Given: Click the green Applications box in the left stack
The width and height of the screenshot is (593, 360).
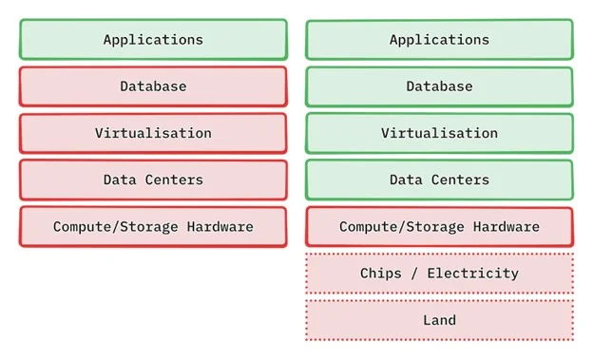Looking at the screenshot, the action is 153,39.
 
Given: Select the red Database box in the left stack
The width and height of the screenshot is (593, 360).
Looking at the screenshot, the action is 153,86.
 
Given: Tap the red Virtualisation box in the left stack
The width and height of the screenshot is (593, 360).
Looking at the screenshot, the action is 153,133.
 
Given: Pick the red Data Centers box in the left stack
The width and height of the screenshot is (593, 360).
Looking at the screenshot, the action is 153,180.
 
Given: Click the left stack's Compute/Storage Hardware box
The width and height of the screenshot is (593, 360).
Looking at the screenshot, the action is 153,226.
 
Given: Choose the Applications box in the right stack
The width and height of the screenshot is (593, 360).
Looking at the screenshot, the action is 439,39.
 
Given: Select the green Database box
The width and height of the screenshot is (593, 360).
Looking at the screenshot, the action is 439,86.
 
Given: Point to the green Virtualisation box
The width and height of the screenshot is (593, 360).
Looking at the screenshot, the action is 439,133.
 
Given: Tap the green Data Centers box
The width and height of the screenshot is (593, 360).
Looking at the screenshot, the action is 439,180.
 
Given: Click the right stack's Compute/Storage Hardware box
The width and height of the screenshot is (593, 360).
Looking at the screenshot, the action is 439,226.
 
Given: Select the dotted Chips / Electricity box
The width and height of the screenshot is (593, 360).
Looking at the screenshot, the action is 439,273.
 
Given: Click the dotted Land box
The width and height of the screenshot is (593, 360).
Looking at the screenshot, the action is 439,320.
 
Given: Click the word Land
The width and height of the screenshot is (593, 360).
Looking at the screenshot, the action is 439,320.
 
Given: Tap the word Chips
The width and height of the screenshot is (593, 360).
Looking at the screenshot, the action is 381,274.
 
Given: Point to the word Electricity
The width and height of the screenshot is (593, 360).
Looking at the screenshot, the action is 473,274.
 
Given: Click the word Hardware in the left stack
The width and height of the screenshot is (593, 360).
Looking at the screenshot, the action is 220,226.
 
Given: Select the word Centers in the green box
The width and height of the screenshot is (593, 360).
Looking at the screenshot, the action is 460,180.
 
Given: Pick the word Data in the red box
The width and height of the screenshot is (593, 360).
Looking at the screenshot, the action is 120,180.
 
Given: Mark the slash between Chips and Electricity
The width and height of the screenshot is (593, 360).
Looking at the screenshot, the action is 414,274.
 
